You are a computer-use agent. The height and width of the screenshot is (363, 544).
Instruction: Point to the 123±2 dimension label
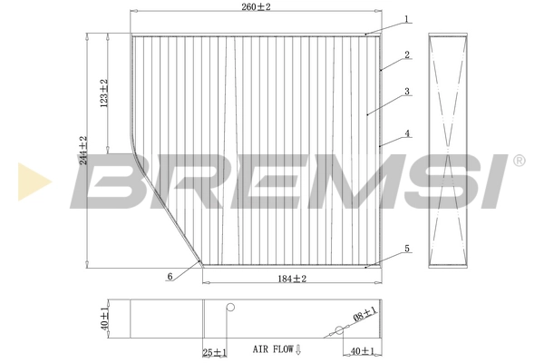point(104,94)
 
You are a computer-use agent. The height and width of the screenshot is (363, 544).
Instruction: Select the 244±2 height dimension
point(83,152)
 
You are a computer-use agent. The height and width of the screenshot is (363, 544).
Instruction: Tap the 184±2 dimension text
point(290,279)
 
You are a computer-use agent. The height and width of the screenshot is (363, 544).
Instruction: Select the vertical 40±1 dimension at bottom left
point(104,318)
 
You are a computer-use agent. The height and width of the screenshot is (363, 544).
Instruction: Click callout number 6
point(169,277)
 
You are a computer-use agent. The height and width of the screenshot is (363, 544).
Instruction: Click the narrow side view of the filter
point(450,150)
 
